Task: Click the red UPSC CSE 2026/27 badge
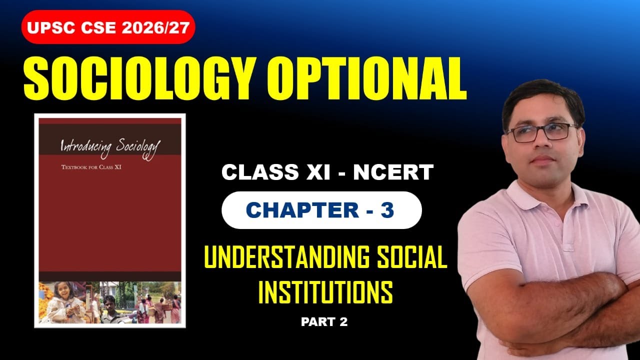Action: coord(108,27)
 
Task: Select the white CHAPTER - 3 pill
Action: coord(321,210)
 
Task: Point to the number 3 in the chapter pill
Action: coord(387,210)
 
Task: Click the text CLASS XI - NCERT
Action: coord(327,172)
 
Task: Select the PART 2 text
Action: coord(324,322)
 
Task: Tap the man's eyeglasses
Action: coord(542,132)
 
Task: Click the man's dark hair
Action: coord(542,97)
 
